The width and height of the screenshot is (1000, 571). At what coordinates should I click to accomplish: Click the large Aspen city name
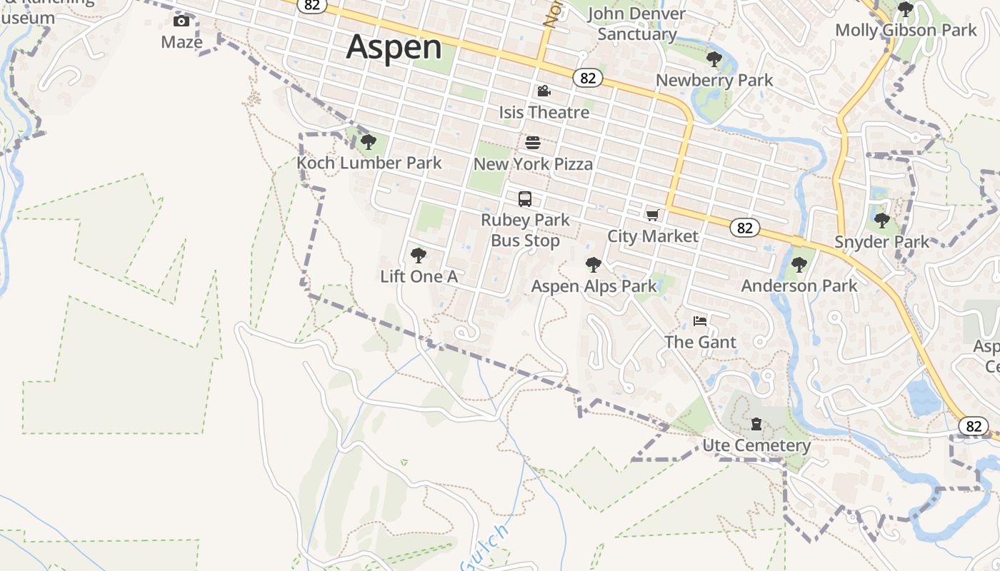pos(394,47)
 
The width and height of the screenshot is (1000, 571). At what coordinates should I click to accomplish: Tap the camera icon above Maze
pos(181,21)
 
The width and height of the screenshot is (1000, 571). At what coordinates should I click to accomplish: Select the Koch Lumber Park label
pos(369,163)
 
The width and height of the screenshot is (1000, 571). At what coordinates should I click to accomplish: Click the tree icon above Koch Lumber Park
pos(369,142)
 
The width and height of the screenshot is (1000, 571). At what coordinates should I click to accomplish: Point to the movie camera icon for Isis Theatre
pos(544,91)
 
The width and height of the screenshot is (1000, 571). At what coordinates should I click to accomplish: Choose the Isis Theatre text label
pos(544,112)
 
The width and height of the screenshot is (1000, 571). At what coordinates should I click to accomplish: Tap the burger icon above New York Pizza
pos(533,143)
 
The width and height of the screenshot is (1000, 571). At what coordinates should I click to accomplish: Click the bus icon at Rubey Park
pos(525,199)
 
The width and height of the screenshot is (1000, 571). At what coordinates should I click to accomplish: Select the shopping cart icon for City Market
pos(652,215)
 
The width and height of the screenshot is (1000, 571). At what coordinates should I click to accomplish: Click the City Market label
pos(653,236)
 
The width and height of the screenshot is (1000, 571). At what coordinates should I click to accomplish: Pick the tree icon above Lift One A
pos(419,256)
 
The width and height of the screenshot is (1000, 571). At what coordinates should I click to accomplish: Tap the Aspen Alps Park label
pos(594,286)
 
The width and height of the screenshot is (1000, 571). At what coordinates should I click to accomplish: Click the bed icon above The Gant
pos(700,321)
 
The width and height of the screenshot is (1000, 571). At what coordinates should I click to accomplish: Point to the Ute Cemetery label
pos(756,445)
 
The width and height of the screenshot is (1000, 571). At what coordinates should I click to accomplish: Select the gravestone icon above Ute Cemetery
pos(756,425)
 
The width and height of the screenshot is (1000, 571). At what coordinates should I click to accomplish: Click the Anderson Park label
pos(799,285)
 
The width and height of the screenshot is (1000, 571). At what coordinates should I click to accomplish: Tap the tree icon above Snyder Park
pos(882,221)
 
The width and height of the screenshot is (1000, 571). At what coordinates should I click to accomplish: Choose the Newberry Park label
pos(714,80)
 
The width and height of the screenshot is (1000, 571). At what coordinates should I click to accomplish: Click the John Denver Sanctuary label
pos(636,24)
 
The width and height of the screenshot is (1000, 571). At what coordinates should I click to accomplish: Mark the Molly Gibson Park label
pos(906,30)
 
